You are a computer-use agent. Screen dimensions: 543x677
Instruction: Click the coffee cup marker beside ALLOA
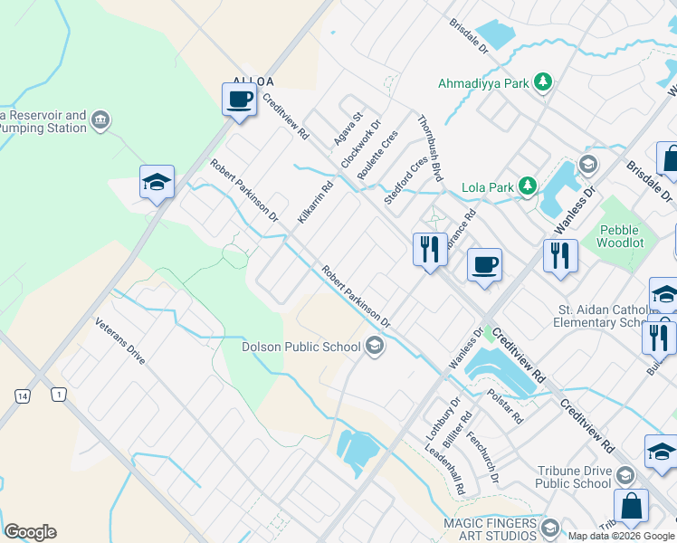click(x=239, y=99)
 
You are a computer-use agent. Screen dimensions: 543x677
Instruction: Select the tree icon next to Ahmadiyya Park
click(x=542, y=83)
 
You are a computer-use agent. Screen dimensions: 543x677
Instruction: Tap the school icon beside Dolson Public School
click(x=374, y=346)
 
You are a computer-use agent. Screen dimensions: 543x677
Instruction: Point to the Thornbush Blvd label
click(x=429, y=148)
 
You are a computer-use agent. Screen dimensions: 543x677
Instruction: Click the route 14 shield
click(x=22, y=395)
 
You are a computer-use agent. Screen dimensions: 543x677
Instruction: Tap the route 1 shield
click(x=59, y=395)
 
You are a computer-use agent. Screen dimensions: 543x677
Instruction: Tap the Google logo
click(x=30, y=532)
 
